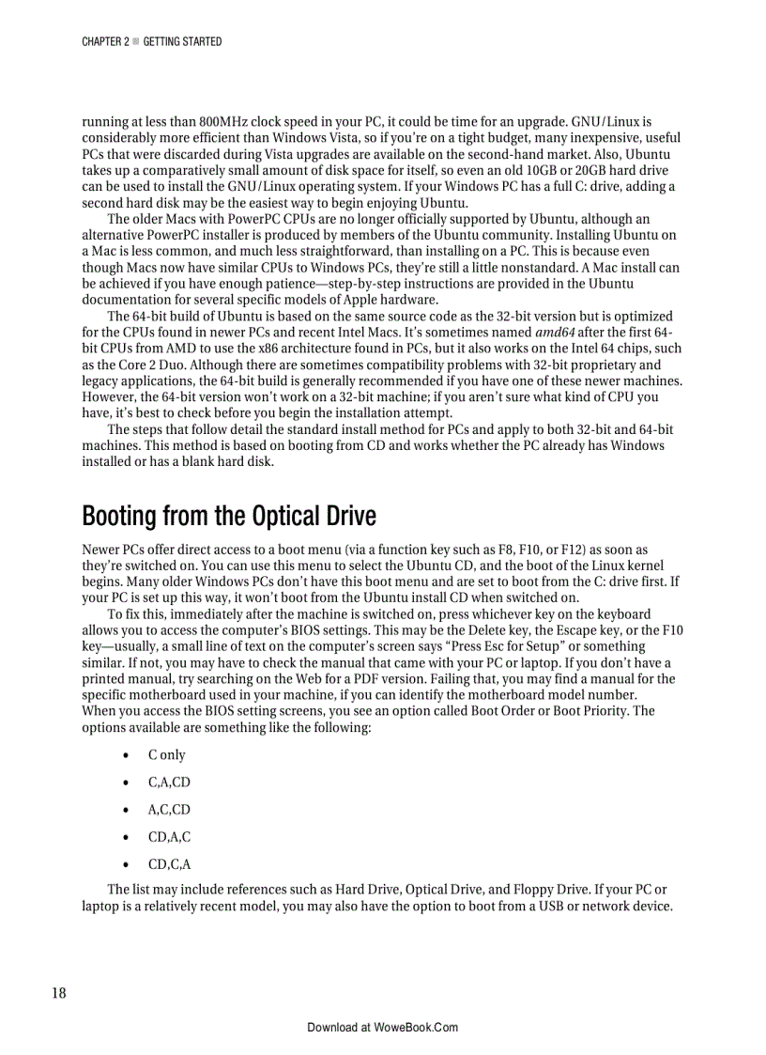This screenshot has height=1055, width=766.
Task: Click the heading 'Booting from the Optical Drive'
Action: click(228, 516)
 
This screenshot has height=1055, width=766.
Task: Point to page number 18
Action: click(58, 993)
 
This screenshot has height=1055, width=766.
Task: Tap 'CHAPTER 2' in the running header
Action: click(105, 41)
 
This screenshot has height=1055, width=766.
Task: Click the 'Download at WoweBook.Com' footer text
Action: click(382, 1027)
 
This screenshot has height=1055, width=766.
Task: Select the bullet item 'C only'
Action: click(166, 755)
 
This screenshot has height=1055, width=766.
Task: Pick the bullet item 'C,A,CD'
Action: click(169, 783)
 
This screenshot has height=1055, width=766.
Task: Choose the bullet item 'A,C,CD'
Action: click(169, 810)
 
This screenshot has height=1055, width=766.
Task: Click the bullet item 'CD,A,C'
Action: click(169, 837)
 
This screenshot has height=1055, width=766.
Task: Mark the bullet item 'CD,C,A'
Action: click(169, 864)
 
